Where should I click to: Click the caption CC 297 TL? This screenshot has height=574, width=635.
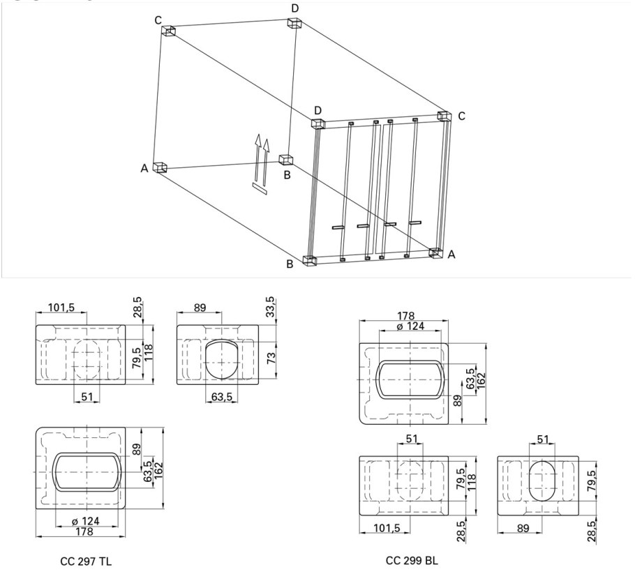[86, 561]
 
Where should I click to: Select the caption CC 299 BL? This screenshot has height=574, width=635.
[412, 561]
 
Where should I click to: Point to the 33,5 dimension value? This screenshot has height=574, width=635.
[270, 307]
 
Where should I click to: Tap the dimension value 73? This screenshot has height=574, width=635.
[271, 358]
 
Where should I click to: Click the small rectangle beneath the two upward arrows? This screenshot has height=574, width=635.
[260, 189]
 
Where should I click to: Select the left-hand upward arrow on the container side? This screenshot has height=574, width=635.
[257, 157]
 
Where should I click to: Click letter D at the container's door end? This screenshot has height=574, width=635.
[318, 110]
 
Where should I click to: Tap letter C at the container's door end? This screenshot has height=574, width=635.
[462, 116]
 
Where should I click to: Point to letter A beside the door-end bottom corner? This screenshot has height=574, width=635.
[452, 255]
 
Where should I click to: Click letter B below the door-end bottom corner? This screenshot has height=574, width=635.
[290, 264]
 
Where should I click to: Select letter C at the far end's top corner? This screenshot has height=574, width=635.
[158, 20]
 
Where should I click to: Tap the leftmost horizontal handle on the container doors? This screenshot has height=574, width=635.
[338, 227]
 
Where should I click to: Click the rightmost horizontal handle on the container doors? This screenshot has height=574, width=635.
[415, 222]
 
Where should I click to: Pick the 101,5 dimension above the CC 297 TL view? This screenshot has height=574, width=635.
[61, 308]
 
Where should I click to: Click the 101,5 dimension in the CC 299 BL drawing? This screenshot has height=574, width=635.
[387, 528]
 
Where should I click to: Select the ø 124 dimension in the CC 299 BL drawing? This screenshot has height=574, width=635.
[410, 326]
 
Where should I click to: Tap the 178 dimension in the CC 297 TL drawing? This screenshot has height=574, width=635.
[84, 531]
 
